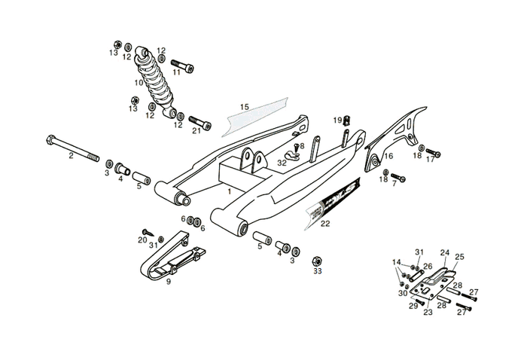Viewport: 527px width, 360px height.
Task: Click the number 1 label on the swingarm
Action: point(229,193)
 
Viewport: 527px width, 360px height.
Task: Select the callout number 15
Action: point(244,108)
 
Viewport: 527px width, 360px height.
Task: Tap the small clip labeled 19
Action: point(347,121)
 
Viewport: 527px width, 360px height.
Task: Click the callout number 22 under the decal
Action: point(325,224)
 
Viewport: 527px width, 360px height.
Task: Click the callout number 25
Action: point(459,257)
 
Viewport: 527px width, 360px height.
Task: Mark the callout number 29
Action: point(413,306)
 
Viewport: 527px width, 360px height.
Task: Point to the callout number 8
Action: point(302,146)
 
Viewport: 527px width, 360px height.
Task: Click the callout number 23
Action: point(428,311)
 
